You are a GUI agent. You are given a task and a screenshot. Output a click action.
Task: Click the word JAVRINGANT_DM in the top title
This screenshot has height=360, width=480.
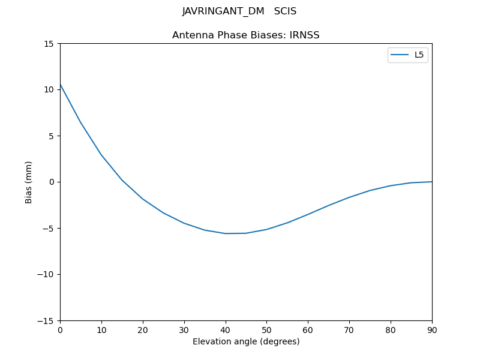tap(223, 11)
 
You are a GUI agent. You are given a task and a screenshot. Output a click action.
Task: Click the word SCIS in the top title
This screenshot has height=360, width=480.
tap(285, 11)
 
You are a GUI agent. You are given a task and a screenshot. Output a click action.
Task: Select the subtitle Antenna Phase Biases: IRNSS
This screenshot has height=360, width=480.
tap(246, 35)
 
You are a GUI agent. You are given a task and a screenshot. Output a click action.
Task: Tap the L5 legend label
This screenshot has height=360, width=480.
tap(419, 55)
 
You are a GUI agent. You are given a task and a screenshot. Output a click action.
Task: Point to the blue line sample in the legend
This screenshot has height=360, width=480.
tap(400, 55)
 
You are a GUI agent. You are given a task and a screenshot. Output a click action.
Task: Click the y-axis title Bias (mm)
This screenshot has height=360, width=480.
tap(29, 182)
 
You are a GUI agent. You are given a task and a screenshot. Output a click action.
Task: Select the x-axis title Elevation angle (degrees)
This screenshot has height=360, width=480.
tap(246, 342)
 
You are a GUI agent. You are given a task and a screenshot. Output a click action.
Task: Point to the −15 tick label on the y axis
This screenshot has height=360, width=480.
tap(46, 321)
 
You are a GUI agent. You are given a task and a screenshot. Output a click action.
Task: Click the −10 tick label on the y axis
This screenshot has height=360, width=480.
tap(46, 275)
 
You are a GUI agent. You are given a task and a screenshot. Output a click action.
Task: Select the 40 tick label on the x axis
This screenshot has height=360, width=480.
tap(226, 330)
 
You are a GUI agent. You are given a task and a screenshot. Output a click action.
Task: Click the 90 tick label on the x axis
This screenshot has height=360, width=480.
tap(432, 330)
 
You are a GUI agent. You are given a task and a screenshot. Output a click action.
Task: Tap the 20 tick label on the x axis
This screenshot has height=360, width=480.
tap(143, 330)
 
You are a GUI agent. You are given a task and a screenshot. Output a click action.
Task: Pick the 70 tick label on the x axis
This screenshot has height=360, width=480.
tap(349, 330)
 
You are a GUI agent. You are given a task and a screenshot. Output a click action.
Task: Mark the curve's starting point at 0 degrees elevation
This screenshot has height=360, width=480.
tap(60, 85)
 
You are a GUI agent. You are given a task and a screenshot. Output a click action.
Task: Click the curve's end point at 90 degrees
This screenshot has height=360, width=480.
tap(432, 182)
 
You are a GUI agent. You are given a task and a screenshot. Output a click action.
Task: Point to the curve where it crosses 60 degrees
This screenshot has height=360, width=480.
tap(308, 214)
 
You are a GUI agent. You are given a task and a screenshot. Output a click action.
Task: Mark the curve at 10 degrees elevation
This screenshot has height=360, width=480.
tap(101, 155)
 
